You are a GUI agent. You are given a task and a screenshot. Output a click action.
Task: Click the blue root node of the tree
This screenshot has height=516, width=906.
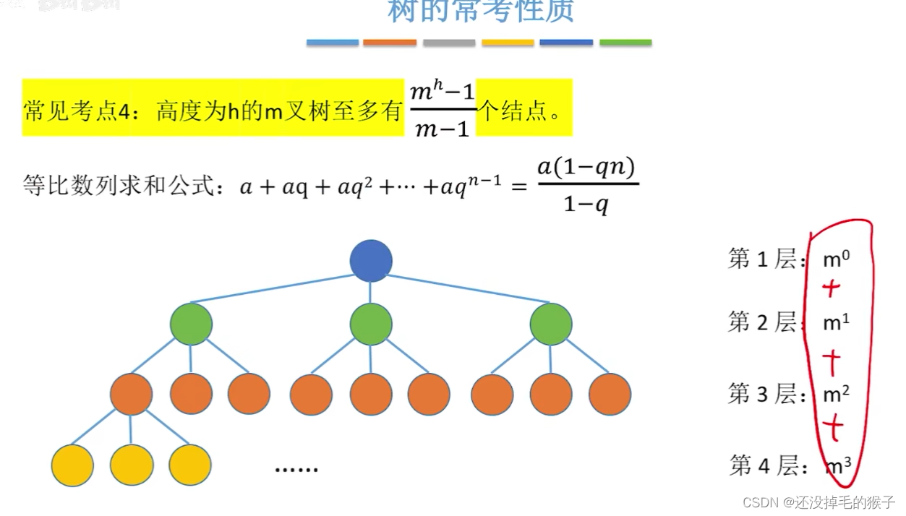[371, 261]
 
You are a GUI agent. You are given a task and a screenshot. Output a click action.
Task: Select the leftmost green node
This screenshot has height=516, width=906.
[192, 324]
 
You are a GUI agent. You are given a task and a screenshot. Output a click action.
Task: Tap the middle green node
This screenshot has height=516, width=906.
[371, 324]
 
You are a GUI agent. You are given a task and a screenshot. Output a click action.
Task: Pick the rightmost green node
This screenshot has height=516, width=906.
[551, 324]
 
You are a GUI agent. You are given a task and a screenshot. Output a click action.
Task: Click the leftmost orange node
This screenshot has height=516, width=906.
[132, 394]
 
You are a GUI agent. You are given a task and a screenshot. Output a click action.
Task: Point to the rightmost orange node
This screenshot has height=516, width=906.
[610, 394]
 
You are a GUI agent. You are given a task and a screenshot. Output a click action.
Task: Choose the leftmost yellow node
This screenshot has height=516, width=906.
[73, 465]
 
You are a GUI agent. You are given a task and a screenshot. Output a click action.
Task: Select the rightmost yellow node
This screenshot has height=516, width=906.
[190, 465]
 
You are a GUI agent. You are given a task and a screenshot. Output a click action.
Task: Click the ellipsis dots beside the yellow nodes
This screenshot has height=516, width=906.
[296, 469]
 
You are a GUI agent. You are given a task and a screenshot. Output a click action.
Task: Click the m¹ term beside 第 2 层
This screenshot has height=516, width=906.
[836, 323]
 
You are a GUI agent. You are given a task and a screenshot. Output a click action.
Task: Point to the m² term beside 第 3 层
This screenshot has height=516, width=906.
[836, 394]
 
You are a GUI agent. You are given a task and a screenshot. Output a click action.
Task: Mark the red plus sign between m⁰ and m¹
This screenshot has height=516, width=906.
[832, 289]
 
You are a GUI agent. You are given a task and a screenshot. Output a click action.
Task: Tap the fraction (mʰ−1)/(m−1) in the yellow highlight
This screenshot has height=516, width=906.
[442, 110]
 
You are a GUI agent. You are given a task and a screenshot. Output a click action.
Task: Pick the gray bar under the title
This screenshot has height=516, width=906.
[449, 43]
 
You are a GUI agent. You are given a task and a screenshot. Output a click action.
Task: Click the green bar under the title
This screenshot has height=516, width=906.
[625, 43]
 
